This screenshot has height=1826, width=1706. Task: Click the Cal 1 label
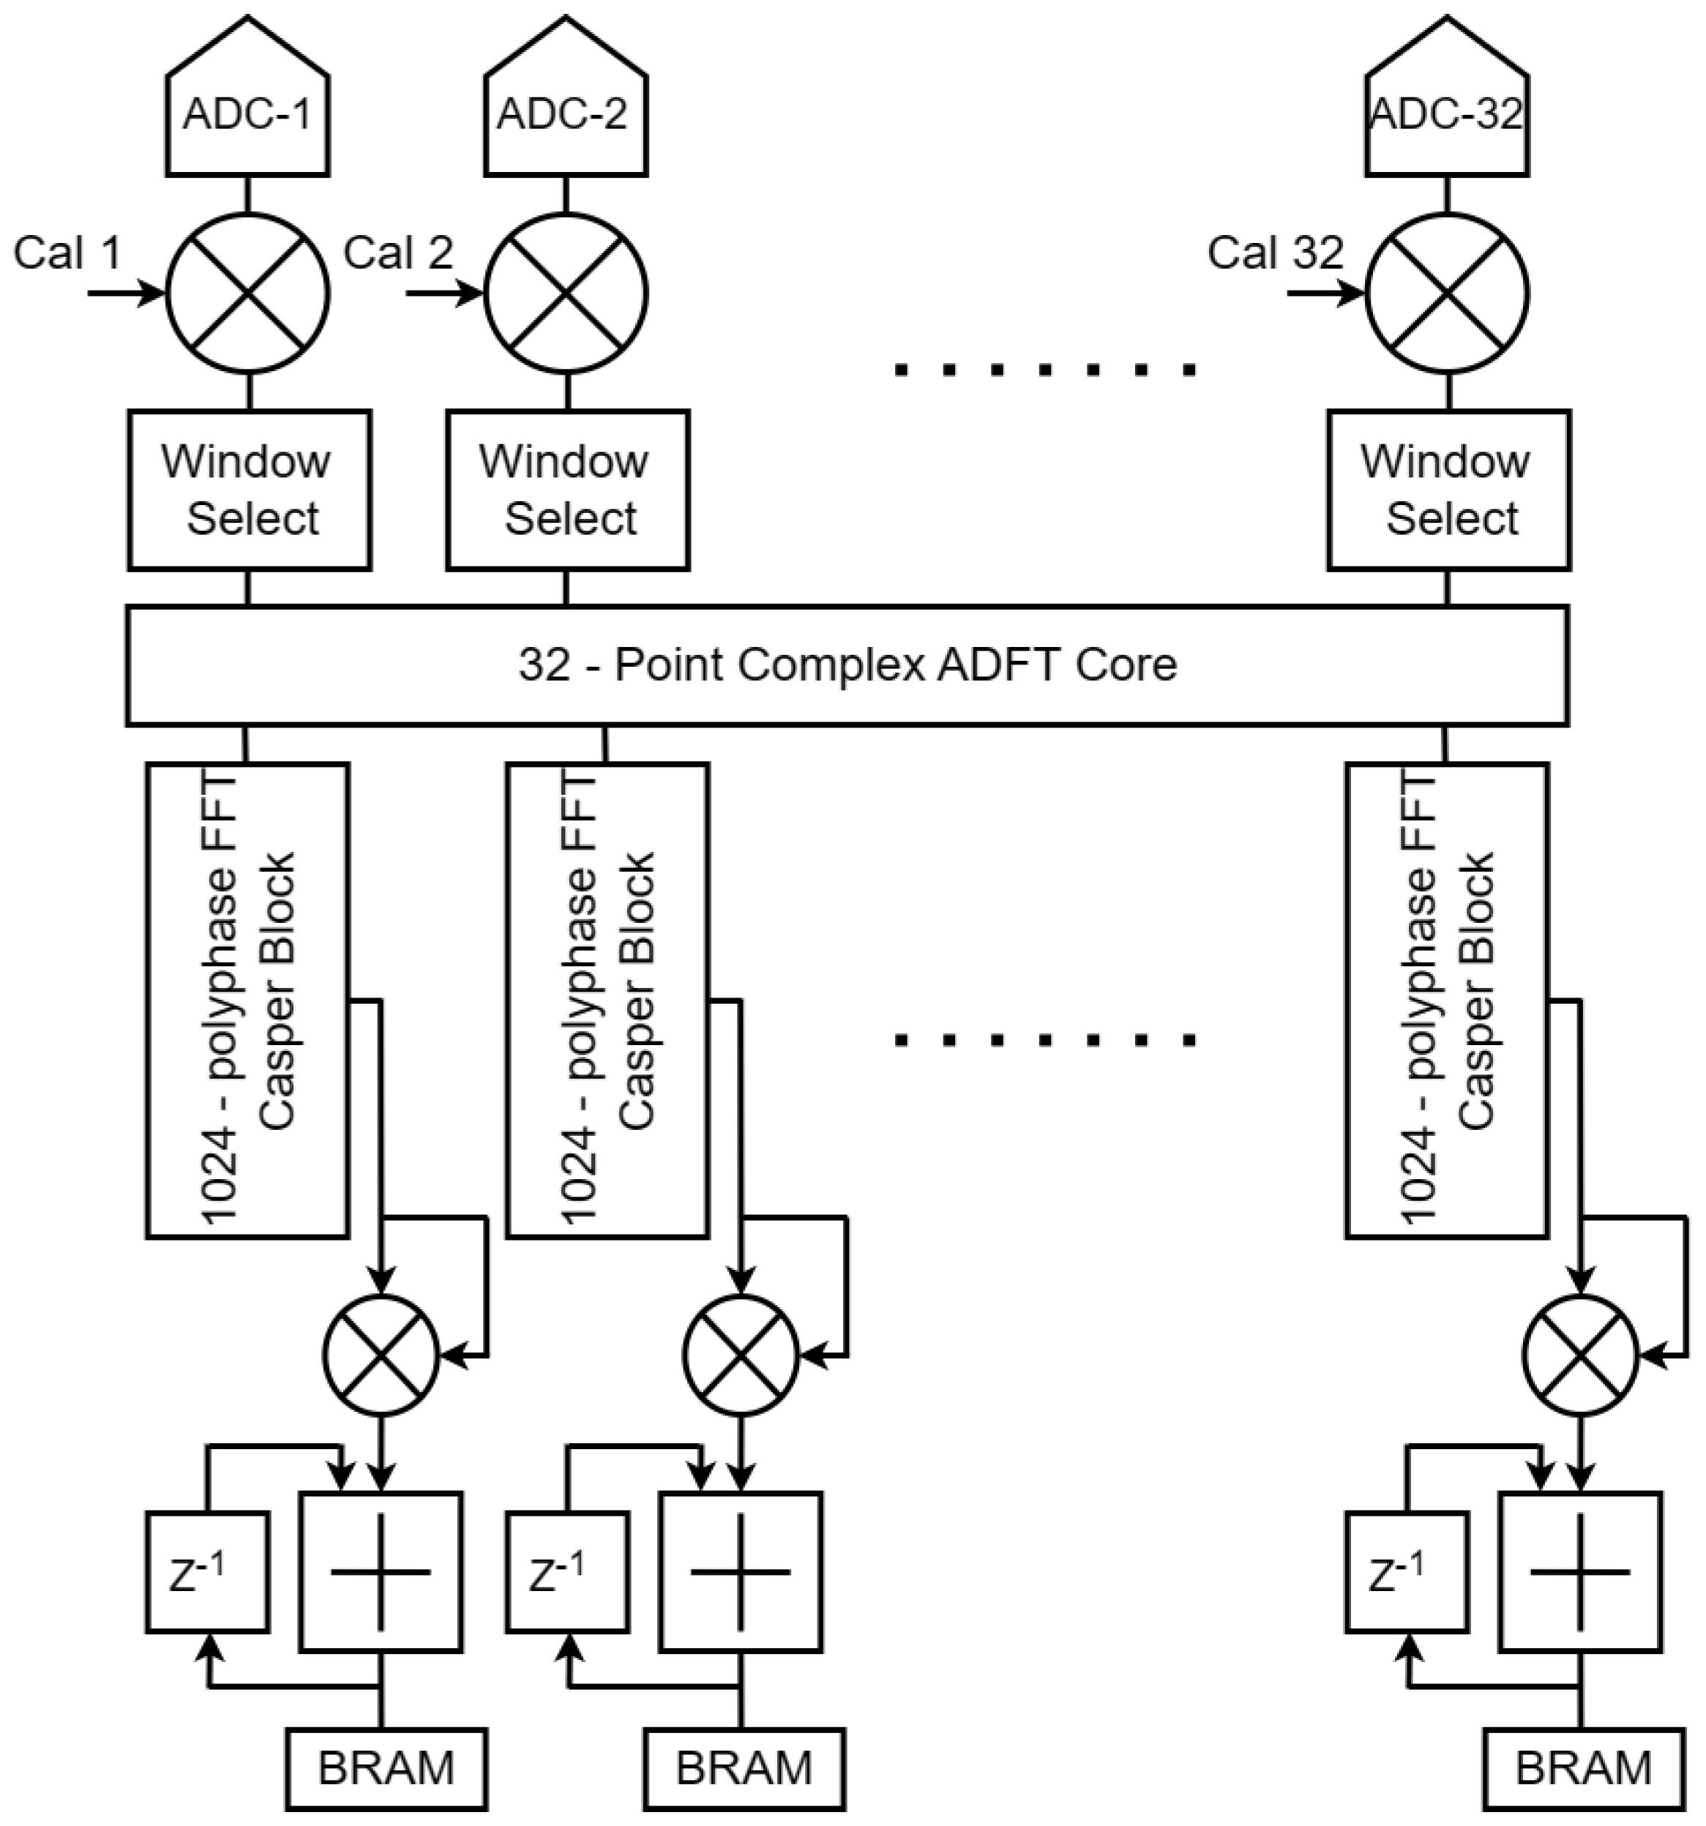[67, 252]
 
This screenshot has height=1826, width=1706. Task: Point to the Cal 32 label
[1275, 252]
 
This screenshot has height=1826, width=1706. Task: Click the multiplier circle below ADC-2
[566, 294]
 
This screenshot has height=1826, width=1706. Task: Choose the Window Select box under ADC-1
[249, 490]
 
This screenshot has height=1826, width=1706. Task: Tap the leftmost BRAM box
[386, 1768]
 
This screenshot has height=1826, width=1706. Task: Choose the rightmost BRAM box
[1584, 1768]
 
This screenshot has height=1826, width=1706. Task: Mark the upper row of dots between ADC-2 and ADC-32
[1044, 370]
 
